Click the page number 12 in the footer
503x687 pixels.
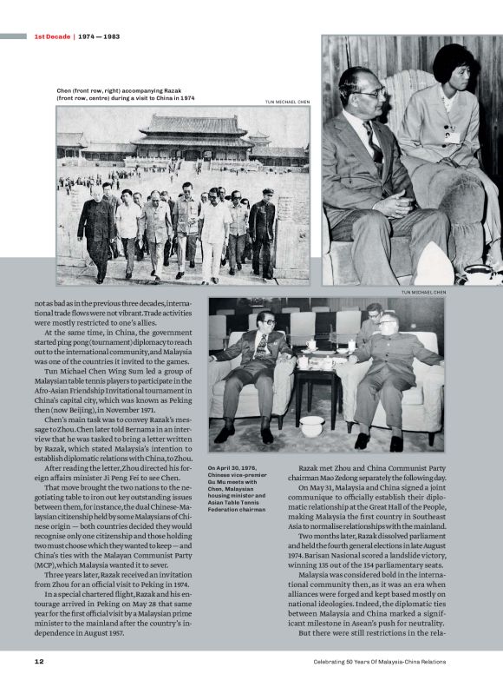(39, 661)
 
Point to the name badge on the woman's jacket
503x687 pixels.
(451, 132)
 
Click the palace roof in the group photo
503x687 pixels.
(193, 127)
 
